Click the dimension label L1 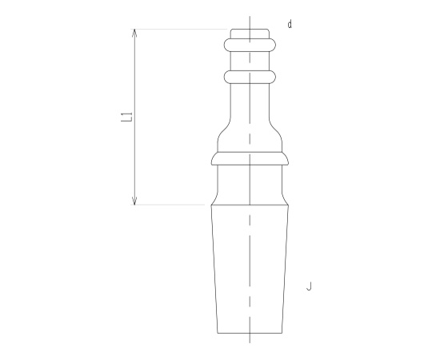(127, 117)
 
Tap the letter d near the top (290, 24)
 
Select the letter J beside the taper (309, 286)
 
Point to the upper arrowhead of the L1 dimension (134, 33)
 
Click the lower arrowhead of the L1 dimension (134, 201)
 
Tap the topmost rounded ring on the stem (250, 45)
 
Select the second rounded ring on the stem (250, 77)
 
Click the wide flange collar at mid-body (250, 158)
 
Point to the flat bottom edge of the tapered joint (250, 333)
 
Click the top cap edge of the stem (250, 29)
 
